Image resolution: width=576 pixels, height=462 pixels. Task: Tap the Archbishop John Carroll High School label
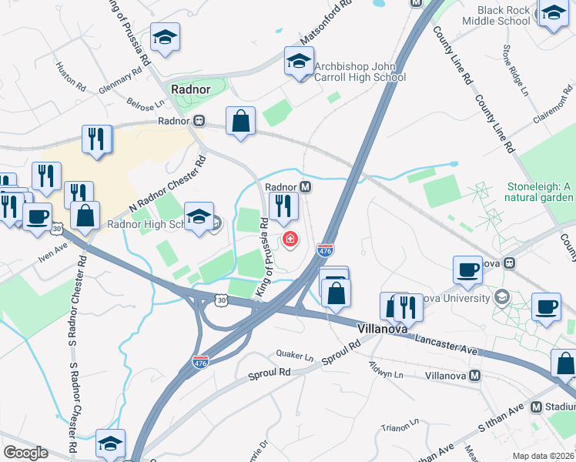coord(360,72)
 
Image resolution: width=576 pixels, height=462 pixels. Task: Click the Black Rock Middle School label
coord(504,16)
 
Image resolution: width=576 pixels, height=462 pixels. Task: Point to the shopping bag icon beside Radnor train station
coord(241,122)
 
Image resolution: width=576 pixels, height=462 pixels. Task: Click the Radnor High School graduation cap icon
coord(199,216)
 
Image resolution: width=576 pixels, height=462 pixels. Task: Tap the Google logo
coord(25,453)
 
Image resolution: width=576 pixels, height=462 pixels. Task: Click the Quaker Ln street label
coord(299,357)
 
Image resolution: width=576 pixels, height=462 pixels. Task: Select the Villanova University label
coord(454,298)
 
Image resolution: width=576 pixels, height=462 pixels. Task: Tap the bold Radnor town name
coord(191,89)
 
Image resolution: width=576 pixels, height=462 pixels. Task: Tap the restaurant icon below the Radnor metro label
coord(283,206)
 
